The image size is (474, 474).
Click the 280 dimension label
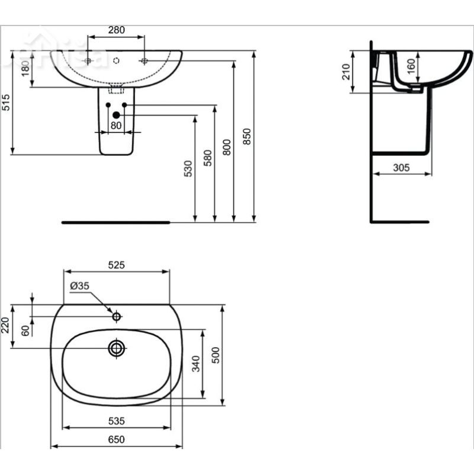[116, 30]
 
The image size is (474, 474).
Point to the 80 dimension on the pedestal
[116, 125]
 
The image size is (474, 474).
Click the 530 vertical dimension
[188, 168]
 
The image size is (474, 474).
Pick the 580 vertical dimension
[207, 157]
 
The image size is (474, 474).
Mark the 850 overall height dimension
[248, 136]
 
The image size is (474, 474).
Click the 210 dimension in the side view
[347, 72]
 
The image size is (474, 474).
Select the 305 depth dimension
[401, 168]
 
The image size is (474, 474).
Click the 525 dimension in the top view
[116, 266]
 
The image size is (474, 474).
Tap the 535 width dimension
[116, 421]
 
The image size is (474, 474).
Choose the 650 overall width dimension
[116, 439]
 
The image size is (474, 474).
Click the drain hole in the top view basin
[116, 348]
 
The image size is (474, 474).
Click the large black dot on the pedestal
[117, 114]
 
